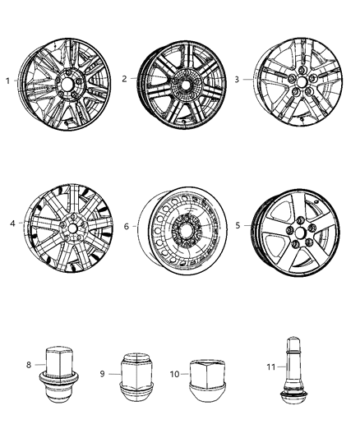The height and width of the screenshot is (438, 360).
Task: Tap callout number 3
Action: point(238,80)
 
